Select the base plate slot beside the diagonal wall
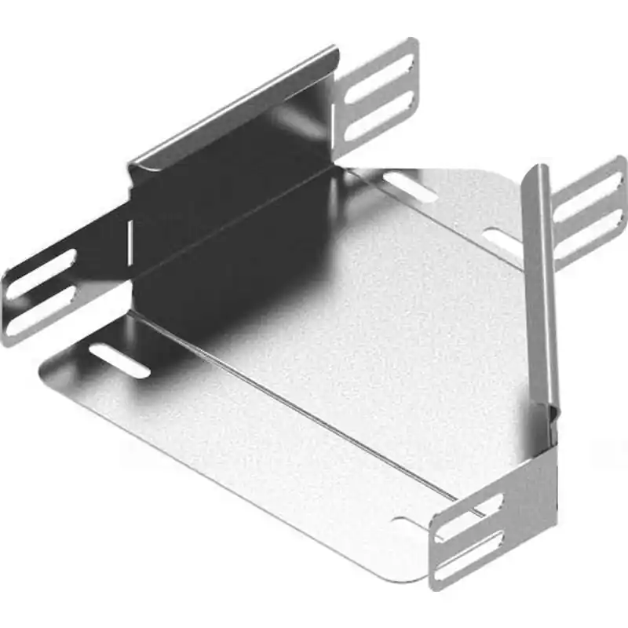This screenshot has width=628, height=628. pyautogui.click(x=502, y=240)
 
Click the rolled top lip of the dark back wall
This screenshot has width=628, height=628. pyautogui.click(x=235, y=106)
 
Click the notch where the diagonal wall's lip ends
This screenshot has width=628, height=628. pyautogui.click(x=553, y=408)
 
